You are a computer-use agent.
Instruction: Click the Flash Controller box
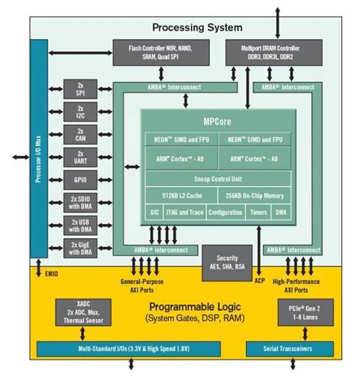coord(159,52)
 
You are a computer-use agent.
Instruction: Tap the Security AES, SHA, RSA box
coord(221,261)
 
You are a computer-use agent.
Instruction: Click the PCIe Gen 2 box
coord(297,313)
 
